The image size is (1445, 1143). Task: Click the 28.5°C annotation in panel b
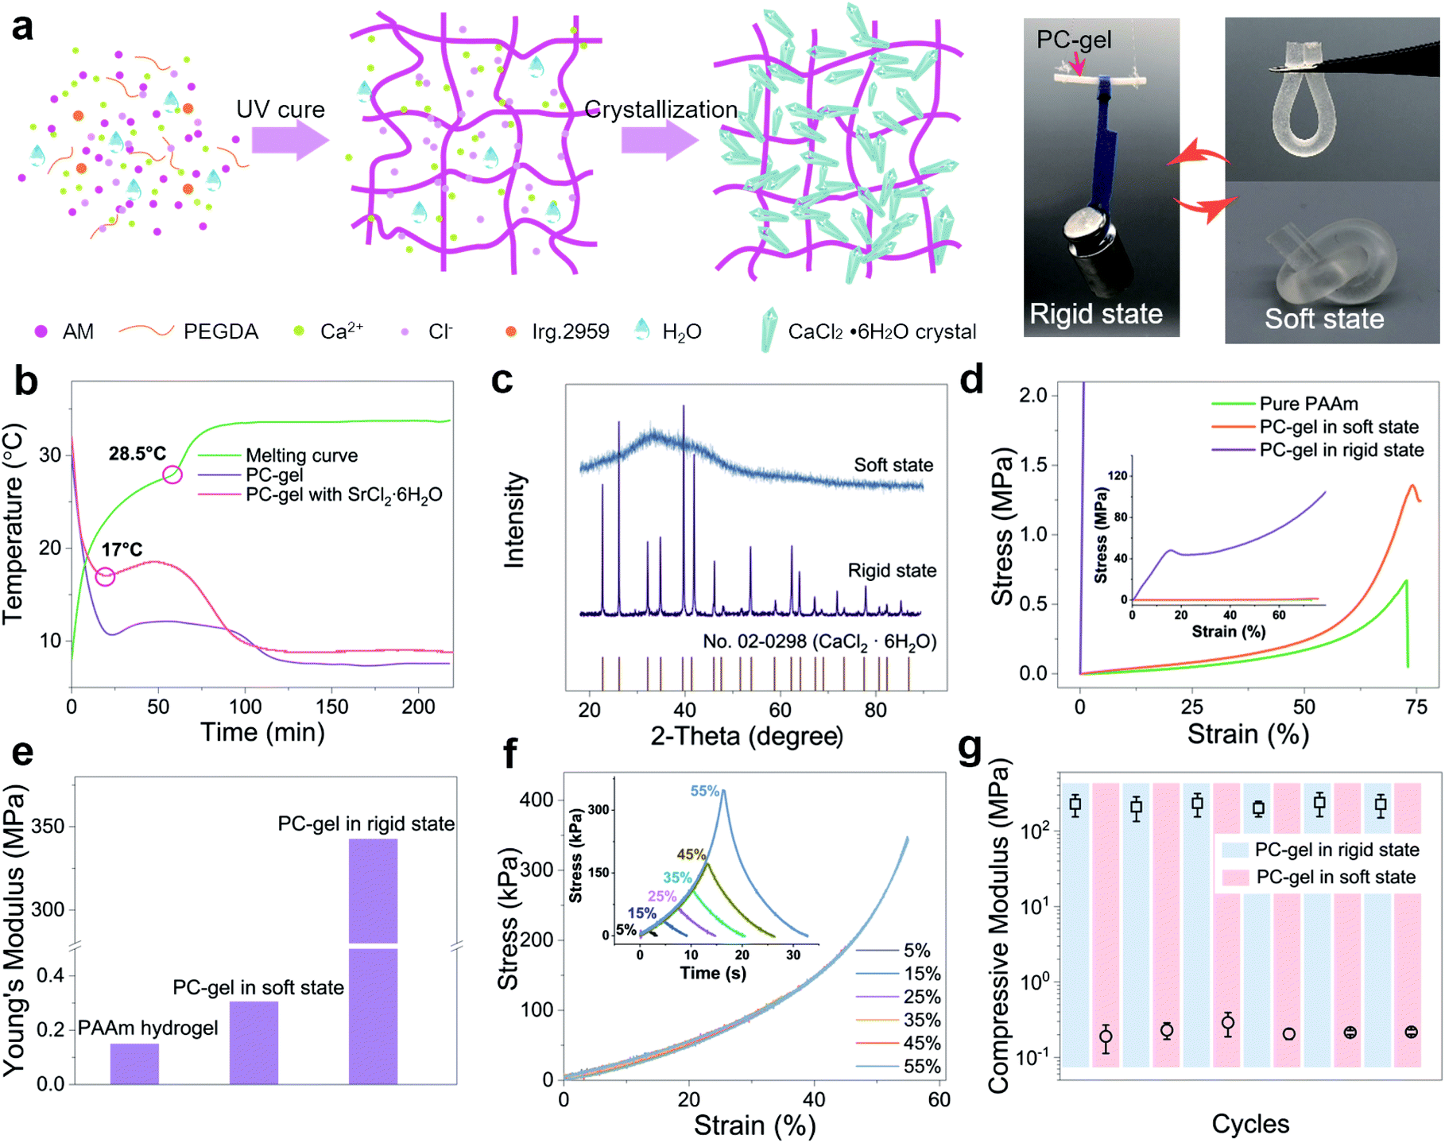pos(138,454)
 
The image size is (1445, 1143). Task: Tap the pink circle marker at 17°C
pos(105,576)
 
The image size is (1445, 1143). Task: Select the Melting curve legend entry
pos(301,455)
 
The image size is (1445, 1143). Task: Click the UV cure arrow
pos(289,141)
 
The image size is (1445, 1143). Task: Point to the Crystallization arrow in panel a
pos(659,141)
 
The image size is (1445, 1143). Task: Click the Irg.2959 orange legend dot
pos(511,331)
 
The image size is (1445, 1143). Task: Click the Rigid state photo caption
pos(1096,314)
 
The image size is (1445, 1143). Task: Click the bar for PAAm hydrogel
pos(134,1064)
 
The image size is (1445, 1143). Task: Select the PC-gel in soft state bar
pos(254,1042)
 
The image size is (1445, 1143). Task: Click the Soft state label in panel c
pos(893,465)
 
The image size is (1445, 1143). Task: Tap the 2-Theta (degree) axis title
pos(746,736)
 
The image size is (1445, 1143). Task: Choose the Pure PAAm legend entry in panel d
pos(1308,404)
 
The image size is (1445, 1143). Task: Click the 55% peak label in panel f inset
pos(704,791)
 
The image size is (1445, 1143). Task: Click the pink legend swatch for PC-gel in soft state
pos(1235,878)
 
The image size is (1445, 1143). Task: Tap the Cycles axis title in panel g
pos(1249,1123)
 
